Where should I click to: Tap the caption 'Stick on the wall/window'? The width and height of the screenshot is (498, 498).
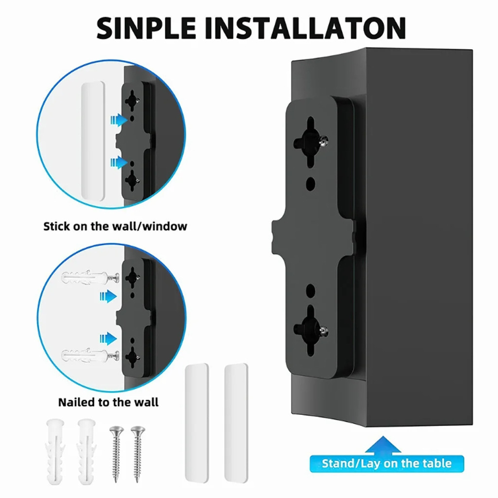(x=115, y=227)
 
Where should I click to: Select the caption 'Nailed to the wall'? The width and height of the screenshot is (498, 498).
(x=108, y=402)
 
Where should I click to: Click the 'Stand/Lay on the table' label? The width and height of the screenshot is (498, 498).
(x=387, y=463)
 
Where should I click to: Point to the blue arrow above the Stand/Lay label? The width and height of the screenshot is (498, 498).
(x=383, y=445)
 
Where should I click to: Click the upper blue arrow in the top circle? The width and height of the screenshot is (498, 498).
(x=119, y=120)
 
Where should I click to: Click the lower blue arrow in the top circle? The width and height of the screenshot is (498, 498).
(x=119, y=162)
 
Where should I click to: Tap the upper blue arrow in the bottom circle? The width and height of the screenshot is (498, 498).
(x=108, y=296)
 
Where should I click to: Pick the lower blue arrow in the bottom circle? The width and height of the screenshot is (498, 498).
(x=108, y=338)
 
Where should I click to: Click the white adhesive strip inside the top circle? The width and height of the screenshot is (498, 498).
(x=93, y=142)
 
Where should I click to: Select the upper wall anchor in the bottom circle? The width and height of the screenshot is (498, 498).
(x=90, y=278)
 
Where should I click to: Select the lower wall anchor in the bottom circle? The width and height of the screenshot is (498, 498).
(x=90, y=356)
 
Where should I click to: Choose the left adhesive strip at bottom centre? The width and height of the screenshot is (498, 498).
(x=197, y=424)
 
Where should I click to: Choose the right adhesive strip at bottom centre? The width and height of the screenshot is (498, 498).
(x=236, y=424)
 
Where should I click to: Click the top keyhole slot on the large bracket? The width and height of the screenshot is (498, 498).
(x=310, y=142)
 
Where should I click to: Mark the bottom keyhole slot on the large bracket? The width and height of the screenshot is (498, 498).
(x=310, y=331)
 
